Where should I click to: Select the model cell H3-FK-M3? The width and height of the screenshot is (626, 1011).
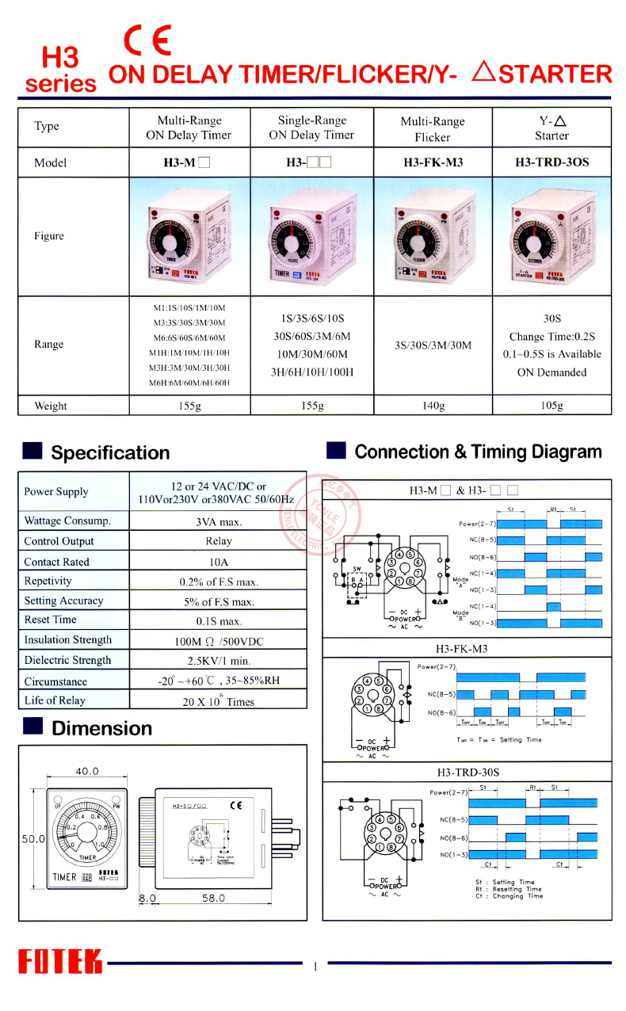coord(433,162)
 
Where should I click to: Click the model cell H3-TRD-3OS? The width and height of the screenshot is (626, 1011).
coord(552,162)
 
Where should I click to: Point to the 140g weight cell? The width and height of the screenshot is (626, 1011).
coord(433,406)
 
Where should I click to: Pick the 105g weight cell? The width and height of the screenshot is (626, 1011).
coord(552,406)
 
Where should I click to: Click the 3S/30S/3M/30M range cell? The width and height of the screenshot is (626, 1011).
coord(433,345)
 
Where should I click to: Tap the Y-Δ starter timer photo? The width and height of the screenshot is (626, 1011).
coord(552,237)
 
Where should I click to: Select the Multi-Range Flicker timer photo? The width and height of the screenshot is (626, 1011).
coord(433,237)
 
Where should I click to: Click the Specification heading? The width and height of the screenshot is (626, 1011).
coord(110,452)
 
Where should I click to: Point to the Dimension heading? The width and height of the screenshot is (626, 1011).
coord(101,728)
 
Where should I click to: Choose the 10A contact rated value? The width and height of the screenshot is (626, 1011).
coord(218,562)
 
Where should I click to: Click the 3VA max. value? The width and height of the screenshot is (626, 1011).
coord(218,521)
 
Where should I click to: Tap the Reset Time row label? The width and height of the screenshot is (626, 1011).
coord(51,620)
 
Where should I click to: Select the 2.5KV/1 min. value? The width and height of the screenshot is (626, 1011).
coord(218,660)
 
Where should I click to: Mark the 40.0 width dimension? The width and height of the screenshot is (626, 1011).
coord(87,771)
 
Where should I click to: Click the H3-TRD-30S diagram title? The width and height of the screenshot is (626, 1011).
coord(468,771)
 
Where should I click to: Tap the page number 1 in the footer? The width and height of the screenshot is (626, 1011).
coord(315,966)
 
